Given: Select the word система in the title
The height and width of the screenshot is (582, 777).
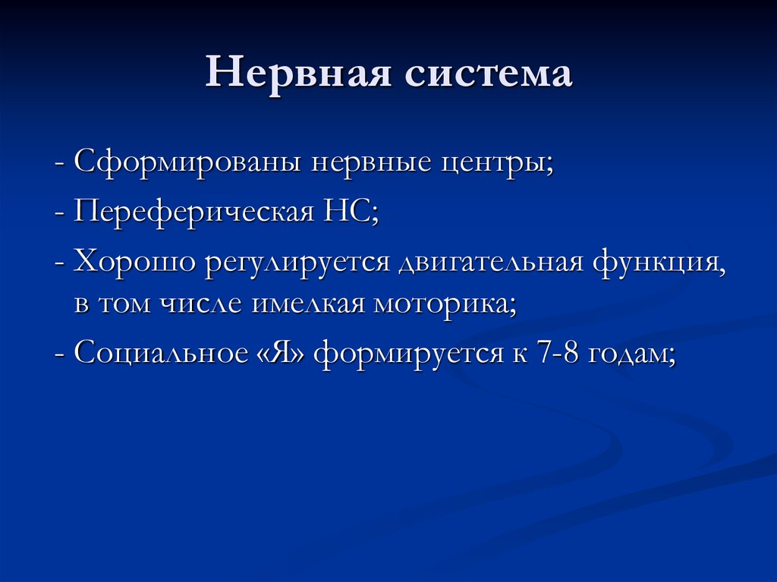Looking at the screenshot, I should [486, 74].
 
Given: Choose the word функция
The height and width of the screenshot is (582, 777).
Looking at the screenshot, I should [658, 263].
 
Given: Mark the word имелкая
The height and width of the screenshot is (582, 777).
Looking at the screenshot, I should [296, 304].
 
